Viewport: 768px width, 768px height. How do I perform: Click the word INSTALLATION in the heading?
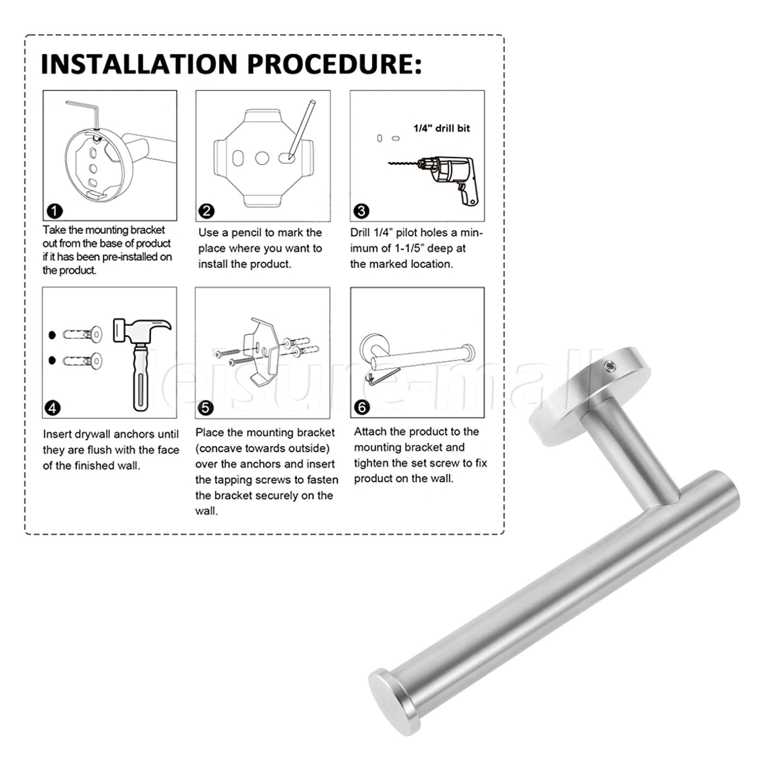coord(139,64)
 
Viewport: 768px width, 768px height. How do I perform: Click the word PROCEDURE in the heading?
coord(330,64)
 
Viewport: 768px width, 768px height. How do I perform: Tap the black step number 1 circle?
coord(55,211)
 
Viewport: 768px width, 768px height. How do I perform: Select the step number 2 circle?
coord(206,211)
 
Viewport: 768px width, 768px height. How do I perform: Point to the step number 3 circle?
coord(361,211)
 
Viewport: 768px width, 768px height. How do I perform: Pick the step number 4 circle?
coord(52,408)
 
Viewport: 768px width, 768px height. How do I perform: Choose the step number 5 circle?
coord(205,408)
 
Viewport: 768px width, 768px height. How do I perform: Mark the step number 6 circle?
coord(361,408)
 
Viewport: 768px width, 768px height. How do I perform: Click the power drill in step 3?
coord(449,178)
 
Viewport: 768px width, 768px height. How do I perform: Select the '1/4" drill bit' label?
coord(442,128)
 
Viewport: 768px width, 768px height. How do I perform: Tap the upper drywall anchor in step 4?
coord(83,334)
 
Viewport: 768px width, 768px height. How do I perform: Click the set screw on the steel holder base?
coord(610,368)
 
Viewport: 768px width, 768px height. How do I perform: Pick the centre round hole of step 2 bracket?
coord(262,158)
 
